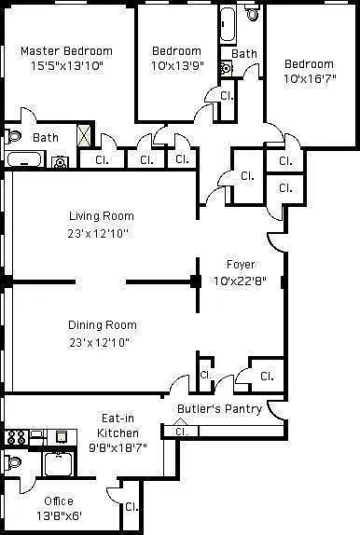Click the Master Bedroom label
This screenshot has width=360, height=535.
66,51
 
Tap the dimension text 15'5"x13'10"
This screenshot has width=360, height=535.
67,66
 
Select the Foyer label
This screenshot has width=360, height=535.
241,265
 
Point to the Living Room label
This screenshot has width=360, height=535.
102,216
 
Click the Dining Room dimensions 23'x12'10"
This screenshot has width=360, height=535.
100,342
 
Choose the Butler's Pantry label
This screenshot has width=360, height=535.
219,409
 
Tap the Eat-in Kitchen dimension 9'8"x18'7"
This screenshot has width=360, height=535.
118,447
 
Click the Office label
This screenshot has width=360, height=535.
59,501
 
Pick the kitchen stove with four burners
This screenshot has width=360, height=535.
16,437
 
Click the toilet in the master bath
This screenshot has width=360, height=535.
13,136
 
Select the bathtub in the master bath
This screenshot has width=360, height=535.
24,159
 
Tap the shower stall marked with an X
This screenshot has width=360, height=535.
84,135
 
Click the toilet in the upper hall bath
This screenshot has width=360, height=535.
253,13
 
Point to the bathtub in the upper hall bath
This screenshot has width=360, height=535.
228,24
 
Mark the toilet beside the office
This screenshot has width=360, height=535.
13,462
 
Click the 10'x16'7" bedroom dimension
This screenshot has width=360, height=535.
310,79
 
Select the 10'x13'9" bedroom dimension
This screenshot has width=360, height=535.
177,65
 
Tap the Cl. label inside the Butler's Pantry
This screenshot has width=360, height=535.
181,432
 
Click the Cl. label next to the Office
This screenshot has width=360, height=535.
132,506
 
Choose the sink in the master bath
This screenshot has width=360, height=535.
60,162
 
